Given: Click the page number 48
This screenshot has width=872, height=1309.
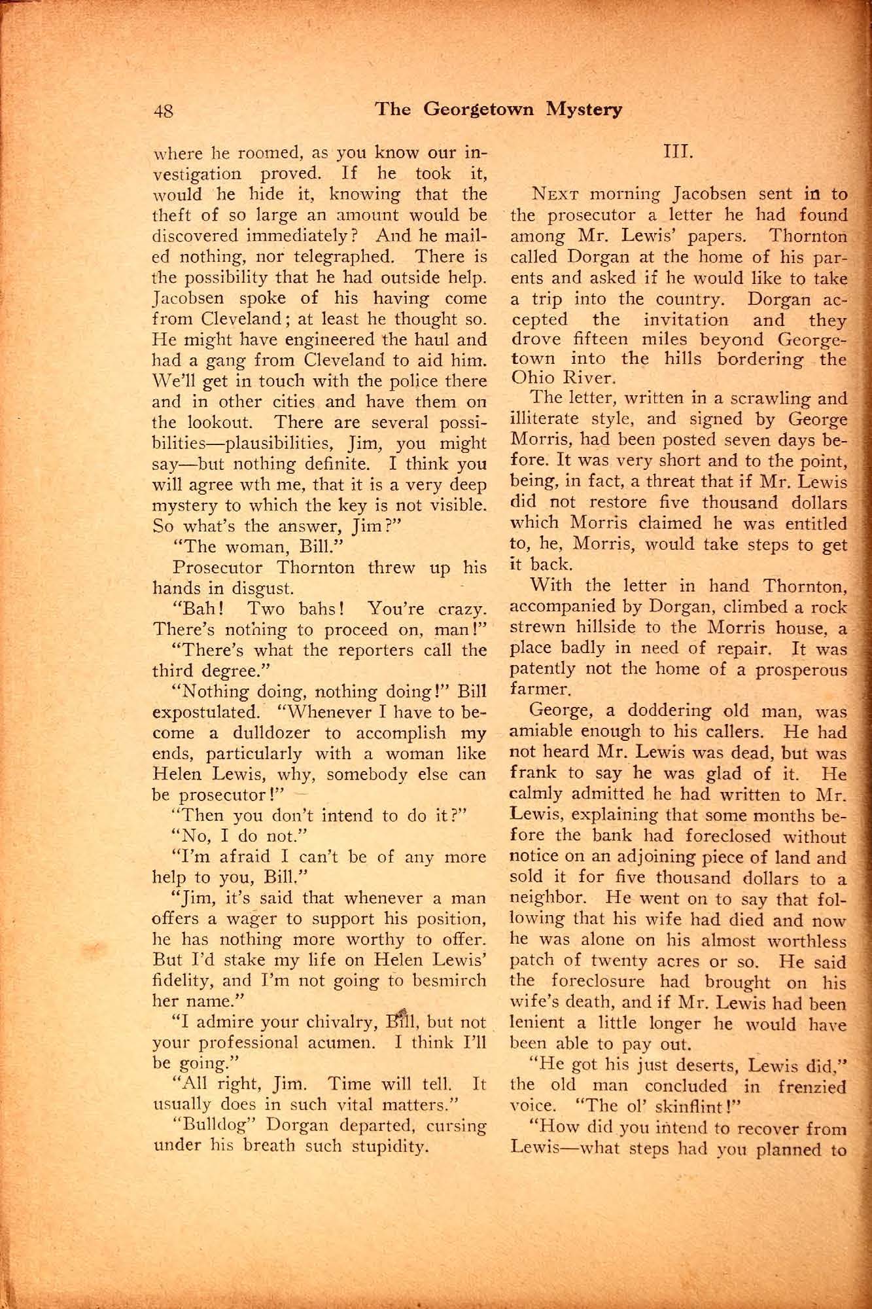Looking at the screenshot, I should [164, 111].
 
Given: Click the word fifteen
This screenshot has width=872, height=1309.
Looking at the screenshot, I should [601, 340].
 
